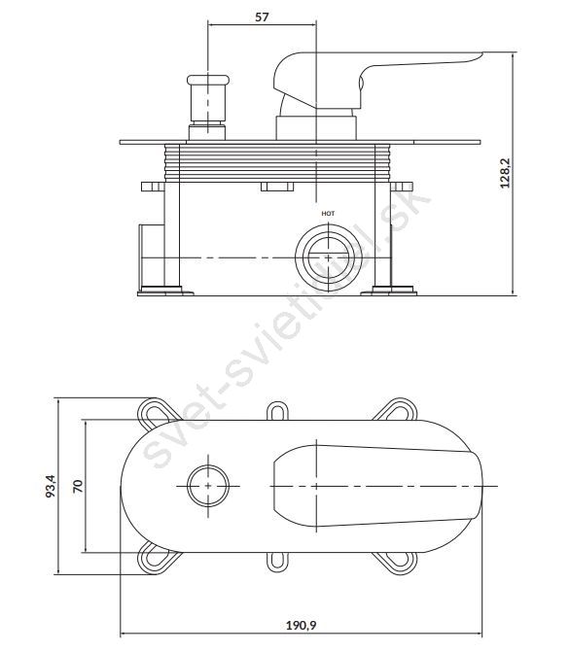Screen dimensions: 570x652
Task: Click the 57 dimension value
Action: click(x=262, y=17)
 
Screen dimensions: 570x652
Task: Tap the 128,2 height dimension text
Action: click(x=505, y=173)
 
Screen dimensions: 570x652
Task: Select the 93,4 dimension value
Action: click(x=51, y=486)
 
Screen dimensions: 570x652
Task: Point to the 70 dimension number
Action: click(x=78, y=486)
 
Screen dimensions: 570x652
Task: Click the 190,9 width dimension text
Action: click(x=301, y=625)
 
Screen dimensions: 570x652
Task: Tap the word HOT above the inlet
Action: click(x=328, y=214)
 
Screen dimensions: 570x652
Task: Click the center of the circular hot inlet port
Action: click(x=329, y=257)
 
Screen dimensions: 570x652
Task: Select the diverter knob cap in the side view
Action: click(x=208, y=80)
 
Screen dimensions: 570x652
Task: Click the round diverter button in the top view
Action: click(x=208, y=486)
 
